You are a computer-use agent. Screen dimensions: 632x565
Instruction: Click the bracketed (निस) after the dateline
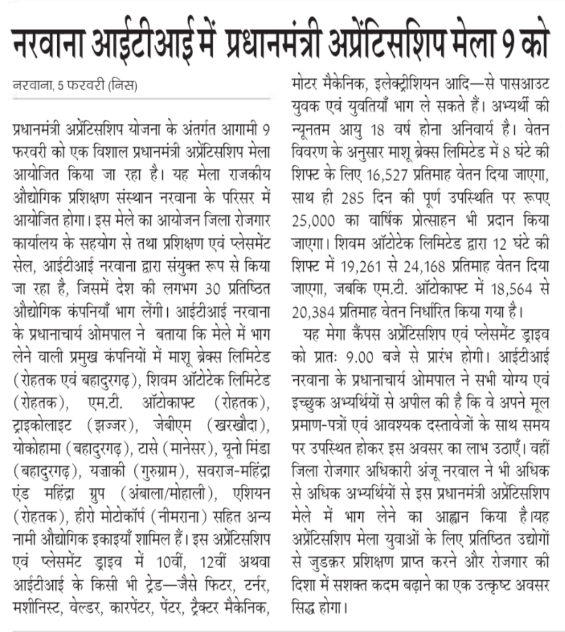[x=123, y=86]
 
